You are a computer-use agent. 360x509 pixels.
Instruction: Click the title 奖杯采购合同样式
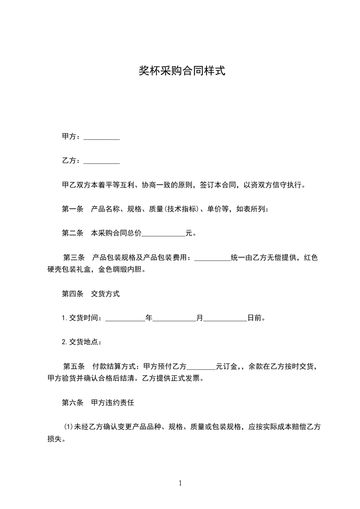[182, 71]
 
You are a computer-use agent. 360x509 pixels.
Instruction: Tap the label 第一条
[72, 209]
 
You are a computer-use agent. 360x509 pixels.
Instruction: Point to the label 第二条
[72, 233]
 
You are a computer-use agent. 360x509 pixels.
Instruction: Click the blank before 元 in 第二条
[164, 235]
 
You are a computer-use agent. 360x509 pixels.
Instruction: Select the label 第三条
[73, 258]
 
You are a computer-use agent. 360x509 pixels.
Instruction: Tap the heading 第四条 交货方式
[91, 294]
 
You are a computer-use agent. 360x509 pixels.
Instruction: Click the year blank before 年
[125, 319]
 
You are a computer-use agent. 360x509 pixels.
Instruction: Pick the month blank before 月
[174, 319]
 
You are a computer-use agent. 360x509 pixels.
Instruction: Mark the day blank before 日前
[225, 319]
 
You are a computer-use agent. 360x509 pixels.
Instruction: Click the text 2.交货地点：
[82, 342]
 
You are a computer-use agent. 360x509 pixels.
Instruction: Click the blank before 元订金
[201, 367]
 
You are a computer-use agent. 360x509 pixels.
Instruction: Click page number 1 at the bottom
[180, 484]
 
